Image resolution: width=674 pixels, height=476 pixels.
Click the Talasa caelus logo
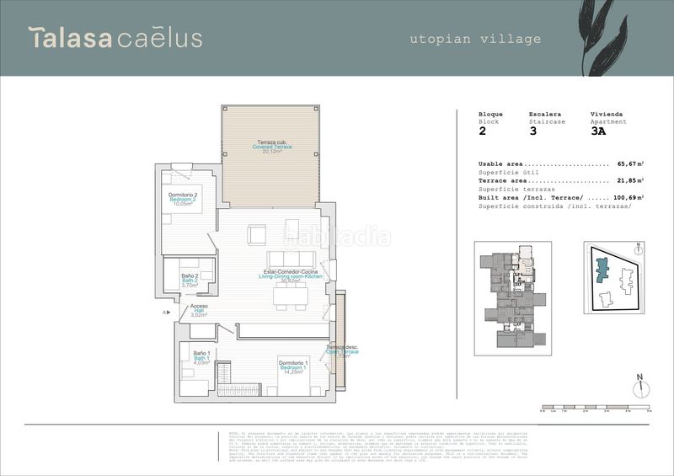(x=115, y=38)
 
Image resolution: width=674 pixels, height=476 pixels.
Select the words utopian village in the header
(x=475, y=39)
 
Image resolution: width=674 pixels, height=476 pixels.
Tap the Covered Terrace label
(x=271, y=147)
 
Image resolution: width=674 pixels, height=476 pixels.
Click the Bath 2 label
(x=190, y=281)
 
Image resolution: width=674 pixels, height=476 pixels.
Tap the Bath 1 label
(x=201, y=357)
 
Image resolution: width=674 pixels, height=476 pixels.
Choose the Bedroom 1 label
(x=293, y=366)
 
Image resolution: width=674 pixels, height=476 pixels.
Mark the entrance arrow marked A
(x=167, y=312)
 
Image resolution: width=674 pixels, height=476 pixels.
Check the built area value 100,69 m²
(x=628, y=197)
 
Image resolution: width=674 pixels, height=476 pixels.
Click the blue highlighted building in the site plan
(x=602, y=270)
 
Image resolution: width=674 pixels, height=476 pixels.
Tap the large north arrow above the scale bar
(x=639, y=386)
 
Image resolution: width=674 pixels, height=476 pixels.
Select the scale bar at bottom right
(x=595, y=409)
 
